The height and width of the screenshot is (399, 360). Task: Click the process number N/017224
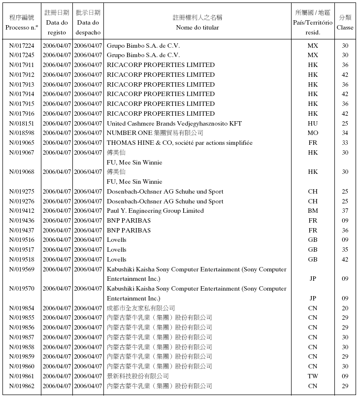(22, 45)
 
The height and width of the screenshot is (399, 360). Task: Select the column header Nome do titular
(197, 28)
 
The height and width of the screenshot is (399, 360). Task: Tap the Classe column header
(345, 28)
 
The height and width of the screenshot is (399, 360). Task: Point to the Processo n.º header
(22, 28)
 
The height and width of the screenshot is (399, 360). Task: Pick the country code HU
(313, 123)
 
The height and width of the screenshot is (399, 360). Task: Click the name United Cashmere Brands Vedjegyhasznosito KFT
(174, 123)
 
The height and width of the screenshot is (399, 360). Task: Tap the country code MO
(313, 133)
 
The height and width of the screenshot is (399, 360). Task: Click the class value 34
(345, 133)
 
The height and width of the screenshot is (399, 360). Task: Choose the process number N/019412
(22, 211)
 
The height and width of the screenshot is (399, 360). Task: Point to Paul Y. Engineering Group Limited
(155, 211)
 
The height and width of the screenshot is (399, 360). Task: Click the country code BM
(313, 211)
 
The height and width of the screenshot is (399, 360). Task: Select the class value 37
(345, 211)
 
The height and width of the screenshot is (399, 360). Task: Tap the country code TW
(313, 376)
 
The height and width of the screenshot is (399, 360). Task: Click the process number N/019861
(22, 376)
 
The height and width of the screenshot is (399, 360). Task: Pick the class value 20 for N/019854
(345, 308)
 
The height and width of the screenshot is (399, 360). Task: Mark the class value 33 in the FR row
(345, 143)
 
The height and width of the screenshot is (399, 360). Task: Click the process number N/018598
(22, 133)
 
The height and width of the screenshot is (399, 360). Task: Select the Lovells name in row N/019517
(117, 250)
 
